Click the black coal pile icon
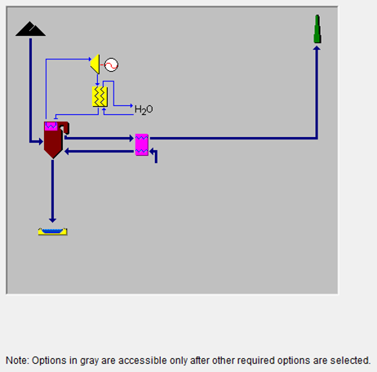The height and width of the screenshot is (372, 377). tap(30, 29)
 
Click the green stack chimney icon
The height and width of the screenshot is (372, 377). tap(317, 29)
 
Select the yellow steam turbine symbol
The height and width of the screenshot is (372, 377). tap(95, 64)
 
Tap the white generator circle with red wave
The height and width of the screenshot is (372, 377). tap(111, 65)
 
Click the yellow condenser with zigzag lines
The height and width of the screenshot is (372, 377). tap(100, 96)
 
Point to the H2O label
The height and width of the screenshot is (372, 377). tap(144, 109)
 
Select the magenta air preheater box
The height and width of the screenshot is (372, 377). tap(142, 144)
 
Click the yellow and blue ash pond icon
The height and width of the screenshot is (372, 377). tap(53, 232)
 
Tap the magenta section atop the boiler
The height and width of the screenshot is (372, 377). tap(51, 126)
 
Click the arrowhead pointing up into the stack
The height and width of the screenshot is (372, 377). tap(317, 48)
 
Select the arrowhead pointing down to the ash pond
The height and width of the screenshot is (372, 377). tap(52, 220)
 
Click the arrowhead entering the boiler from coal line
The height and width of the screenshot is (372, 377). tap(41, 141)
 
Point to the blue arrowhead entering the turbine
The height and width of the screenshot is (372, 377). tap(90, 59)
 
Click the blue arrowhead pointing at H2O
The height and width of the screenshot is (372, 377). tap(131, 105)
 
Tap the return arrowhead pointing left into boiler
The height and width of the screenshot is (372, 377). tap(67, 152)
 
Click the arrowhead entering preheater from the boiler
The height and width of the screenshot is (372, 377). tap(132, 139)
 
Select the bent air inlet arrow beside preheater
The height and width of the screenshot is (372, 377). tap(154, 155)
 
